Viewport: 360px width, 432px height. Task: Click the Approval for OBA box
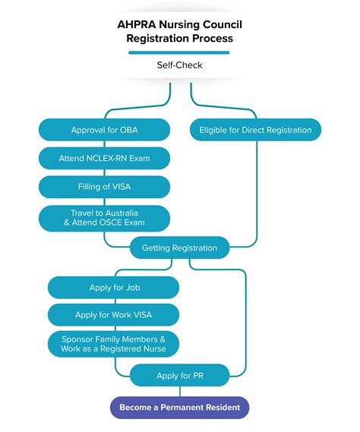point(104,130)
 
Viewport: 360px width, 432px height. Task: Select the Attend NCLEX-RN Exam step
point(104,158)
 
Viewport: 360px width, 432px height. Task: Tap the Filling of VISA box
point(104,186)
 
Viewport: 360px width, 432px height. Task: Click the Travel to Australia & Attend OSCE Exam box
point(104,217)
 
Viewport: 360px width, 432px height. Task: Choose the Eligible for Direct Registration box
point(255,130)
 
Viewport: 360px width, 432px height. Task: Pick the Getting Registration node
point(179,248)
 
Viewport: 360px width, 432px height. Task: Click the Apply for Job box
point(113,287)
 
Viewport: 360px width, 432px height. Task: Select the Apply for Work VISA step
point(113,314)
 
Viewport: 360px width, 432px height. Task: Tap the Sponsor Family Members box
point(113,344)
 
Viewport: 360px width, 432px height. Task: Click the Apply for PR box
point(179,374)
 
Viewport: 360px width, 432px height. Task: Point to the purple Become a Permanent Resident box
point(179,408)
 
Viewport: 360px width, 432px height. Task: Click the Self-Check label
point(179,65)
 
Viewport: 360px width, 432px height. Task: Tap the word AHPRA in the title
point(134,23)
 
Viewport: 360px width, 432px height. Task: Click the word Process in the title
point(215,37)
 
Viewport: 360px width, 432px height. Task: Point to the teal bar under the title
point(179,52)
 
